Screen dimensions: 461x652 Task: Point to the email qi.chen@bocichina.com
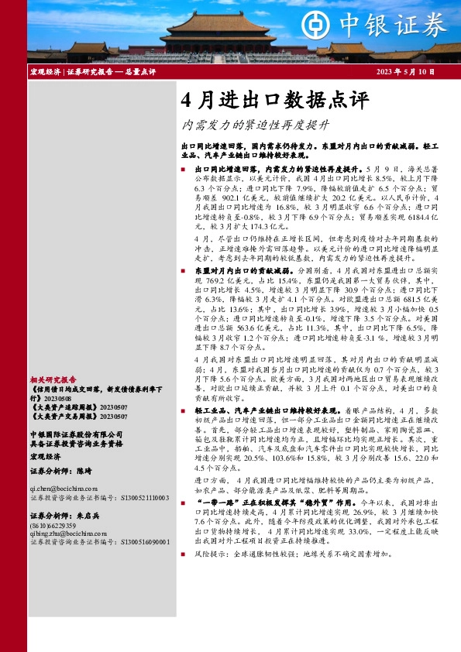coord(64,489)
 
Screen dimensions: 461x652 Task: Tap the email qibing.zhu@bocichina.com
coord(69,534)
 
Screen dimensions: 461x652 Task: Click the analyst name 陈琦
coord(84,471)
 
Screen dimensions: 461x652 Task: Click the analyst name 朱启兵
coord(88,515)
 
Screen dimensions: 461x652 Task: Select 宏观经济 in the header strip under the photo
coord(45,71)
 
